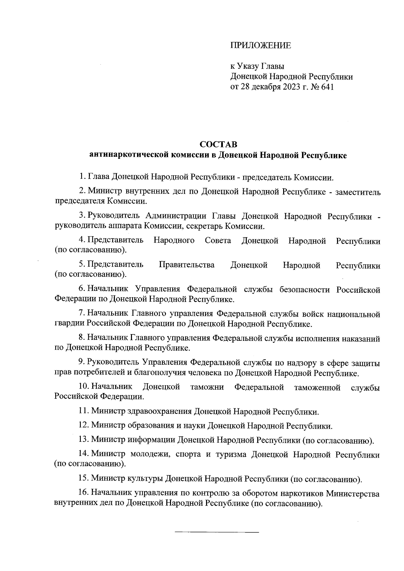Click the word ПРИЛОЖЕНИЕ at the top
click(260, 46)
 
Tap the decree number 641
click(327, 87)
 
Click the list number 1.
click(81, 176)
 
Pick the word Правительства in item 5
click(187, 265)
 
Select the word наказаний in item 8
click(361, 339)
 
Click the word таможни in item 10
click(207, 387)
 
